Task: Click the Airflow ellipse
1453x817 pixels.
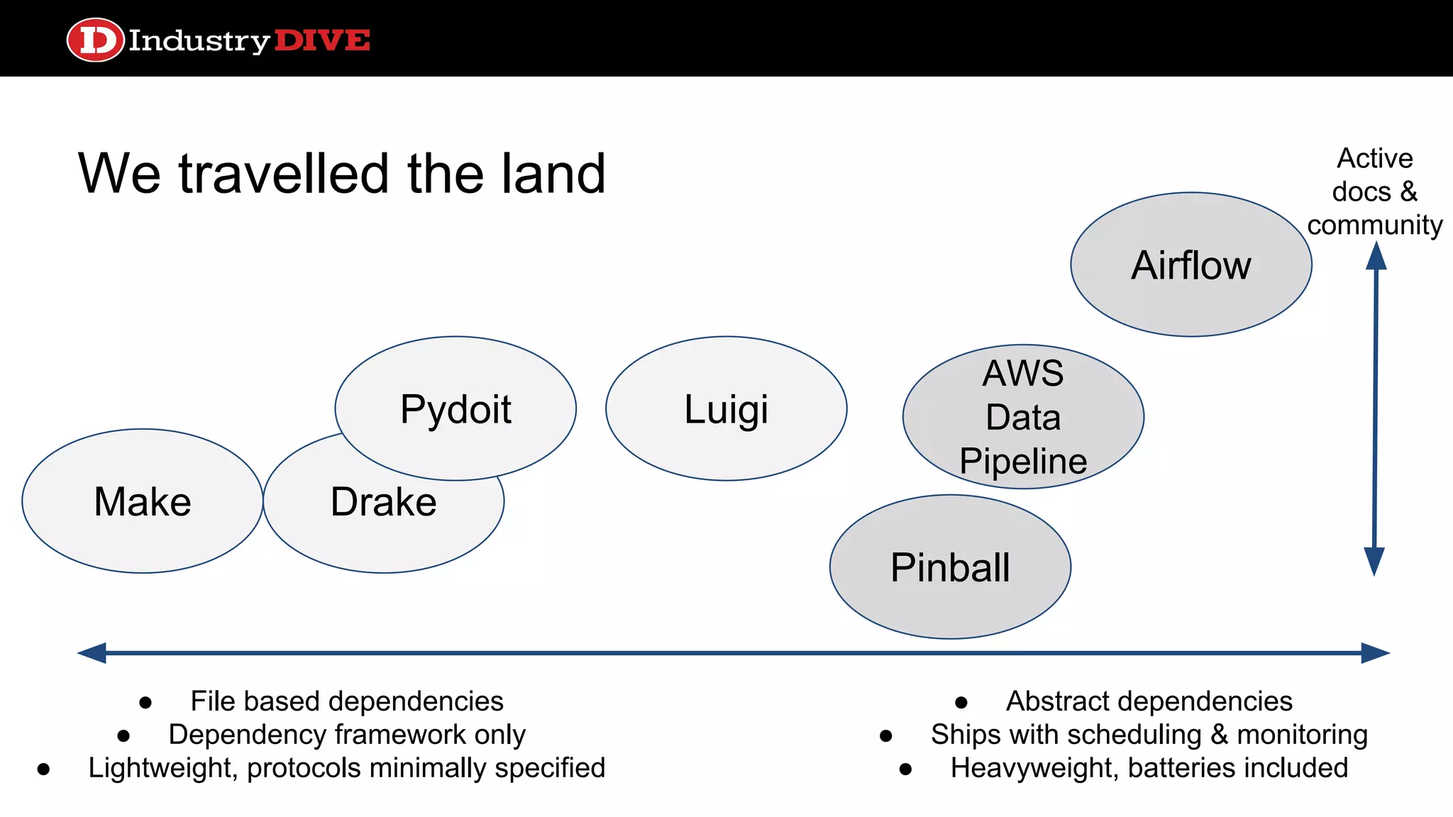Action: [1190, 265]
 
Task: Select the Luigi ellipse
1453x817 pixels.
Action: [726, 408]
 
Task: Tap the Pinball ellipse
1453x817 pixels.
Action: [949, 567]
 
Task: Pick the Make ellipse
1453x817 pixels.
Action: [143, 501]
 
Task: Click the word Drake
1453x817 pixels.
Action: [383, 502]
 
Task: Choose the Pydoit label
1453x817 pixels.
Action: [455, 409]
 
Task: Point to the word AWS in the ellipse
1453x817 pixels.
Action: [1022, 373]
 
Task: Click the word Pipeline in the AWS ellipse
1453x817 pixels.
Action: [1022, 461]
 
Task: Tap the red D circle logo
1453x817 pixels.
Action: [96, 40]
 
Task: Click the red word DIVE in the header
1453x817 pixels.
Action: [321, 40]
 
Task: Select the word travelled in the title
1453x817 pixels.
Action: [283, 174]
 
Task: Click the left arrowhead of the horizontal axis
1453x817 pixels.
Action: [91, 653]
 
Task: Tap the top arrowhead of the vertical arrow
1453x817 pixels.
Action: [1376, 256]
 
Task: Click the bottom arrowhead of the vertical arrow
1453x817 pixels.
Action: [1374, 562]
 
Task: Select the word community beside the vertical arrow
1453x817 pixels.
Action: [1374, 226]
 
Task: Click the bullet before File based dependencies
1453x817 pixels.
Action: [145, 703]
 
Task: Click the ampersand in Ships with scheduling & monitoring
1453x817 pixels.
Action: [1219, 735]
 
